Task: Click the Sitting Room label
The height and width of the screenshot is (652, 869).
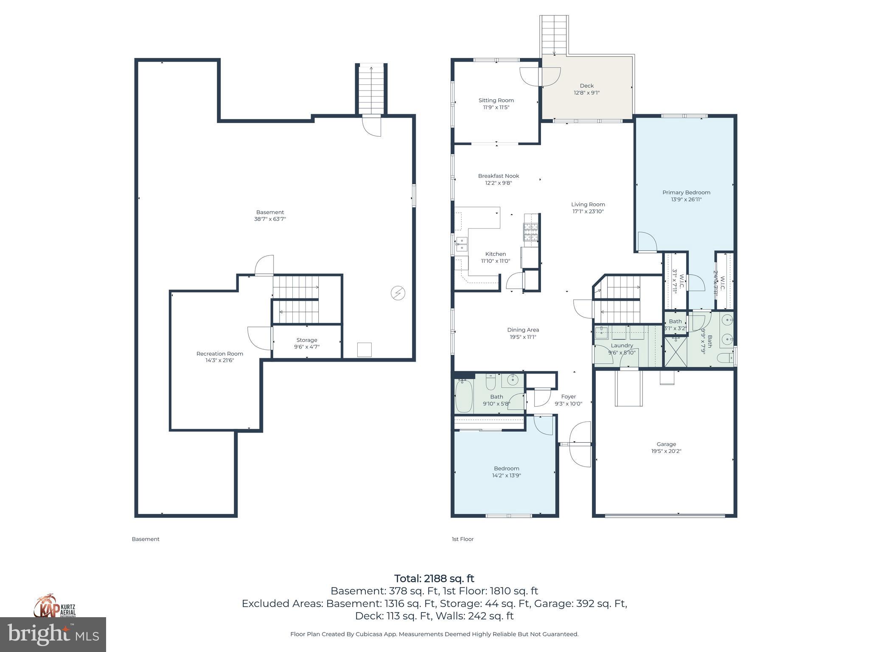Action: pyautogui.click(x=496, y=101)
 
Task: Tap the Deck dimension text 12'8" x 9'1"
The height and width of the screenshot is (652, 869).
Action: pyautogui.click(x=587, y=93)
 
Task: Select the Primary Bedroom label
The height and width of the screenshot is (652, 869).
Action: pyautogui.click(x=686, y=192)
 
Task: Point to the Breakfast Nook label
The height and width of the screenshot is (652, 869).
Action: pyautogui.click(x=499, y=176)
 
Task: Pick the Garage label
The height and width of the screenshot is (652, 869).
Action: pyautogui.click(x=666, y=444)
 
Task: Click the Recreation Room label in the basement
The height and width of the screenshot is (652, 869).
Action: pyautogui.click(x=220, y=354)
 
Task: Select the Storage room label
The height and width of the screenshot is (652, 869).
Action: pyautogui.click(x=307, y=340)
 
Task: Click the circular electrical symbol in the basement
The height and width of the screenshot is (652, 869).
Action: pyautogui.click(x=398, y=293)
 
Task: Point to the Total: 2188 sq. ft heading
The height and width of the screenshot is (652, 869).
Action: pyautogui.click(x=434, y=579)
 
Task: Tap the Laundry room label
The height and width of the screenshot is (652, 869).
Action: pyautogui.click(x=622, y=346)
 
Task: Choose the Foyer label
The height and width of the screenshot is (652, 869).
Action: pyautogui.click(x=569, y=396)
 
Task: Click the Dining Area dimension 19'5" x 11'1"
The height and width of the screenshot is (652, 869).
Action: pyautogui.click(x=523, y=337)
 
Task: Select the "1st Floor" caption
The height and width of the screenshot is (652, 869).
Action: pyautogui.click(x=463, y=539)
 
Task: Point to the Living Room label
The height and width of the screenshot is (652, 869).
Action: pyautogui.click(x=588, y=204)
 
